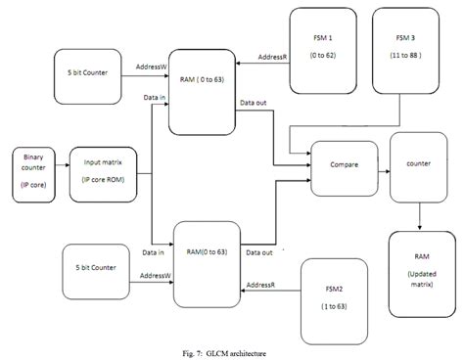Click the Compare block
(x=345, y=164)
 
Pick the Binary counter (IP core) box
(x=32, y=173)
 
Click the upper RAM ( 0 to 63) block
(x=203, y=90)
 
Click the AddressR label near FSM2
(x=261, y=285)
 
